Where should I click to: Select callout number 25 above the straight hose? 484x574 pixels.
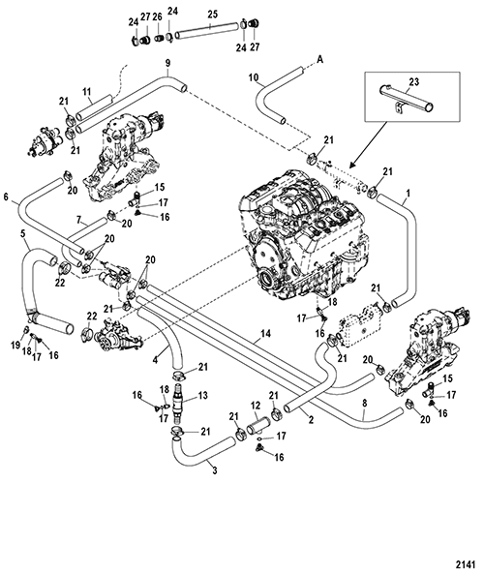click(x=213, y=15)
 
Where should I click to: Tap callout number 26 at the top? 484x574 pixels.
click(x=157, y=17)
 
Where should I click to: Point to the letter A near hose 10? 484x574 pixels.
click(x=320, y=59)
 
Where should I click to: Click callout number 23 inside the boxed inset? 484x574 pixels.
click(x=414, y=82)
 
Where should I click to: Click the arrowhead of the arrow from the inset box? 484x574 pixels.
click(x=351, y=165)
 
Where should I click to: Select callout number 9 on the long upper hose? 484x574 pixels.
click(x=167, y=63)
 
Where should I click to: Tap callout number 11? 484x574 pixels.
click(x=86, y=92)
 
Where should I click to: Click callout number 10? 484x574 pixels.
click(x=254, y=77)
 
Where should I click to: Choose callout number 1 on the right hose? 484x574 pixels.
click(x=408, y=193)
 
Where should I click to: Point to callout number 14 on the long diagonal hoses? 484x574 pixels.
click(x=266, y=334)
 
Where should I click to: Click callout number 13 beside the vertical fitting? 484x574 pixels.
click(x=202, y=395)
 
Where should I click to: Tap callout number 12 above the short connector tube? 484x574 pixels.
click(x=256, y=406)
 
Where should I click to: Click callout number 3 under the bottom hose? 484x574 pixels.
click(x=215, y=470)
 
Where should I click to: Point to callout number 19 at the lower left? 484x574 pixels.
click(x=15, y=346)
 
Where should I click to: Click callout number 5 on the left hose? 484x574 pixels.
click(x=24, y=233)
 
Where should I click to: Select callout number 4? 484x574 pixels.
click(x=155, y=361)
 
